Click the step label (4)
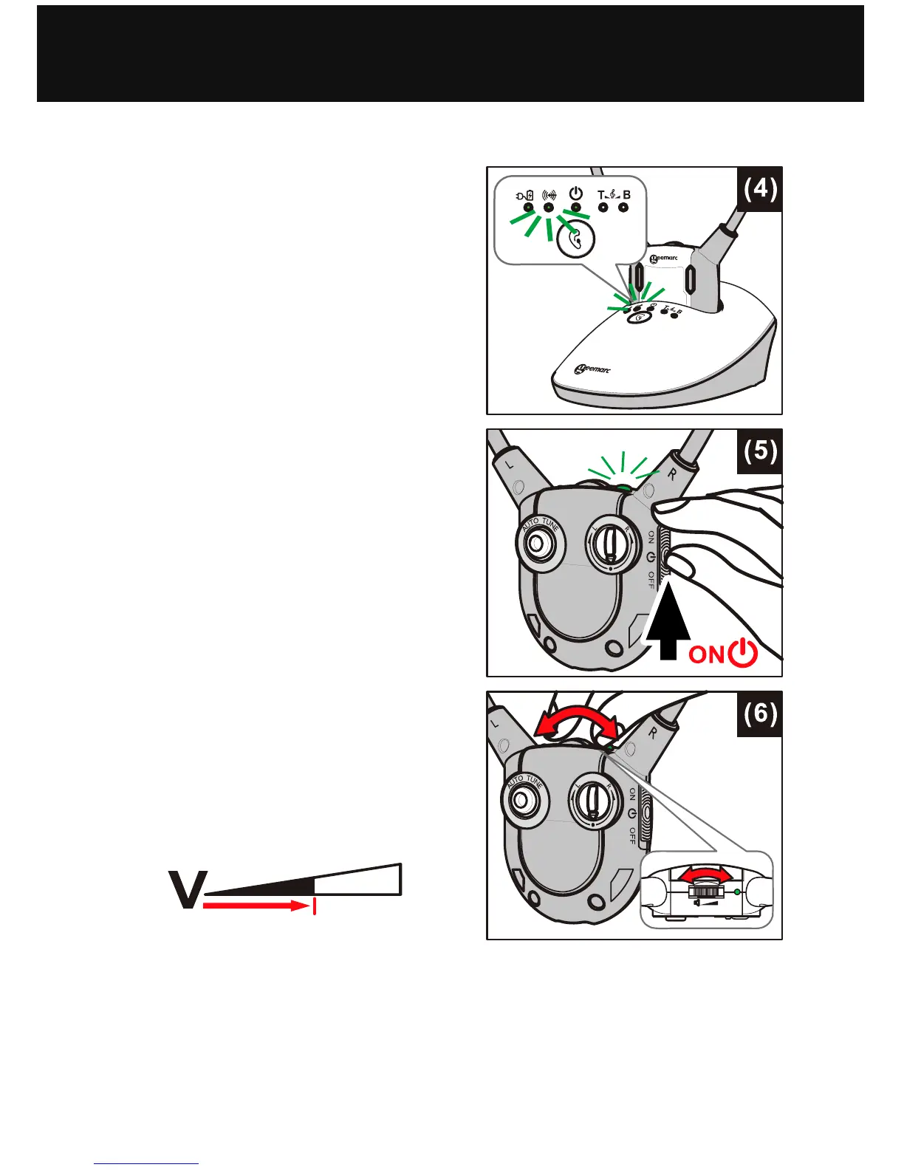tap(759, 190)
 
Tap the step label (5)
tap(759, 451)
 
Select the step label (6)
tap(759, 714)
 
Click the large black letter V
tap(187, 890)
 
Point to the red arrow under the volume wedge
tap(255, 906)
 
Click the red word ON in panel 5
tap(707, 654)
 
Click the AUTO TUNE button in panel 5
tap(540, 547)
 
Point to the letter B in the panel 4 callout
tap(626, 195)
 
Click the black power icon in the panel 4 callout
tap(576, 194)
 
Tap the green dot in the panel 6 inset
tap(737, 892)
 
